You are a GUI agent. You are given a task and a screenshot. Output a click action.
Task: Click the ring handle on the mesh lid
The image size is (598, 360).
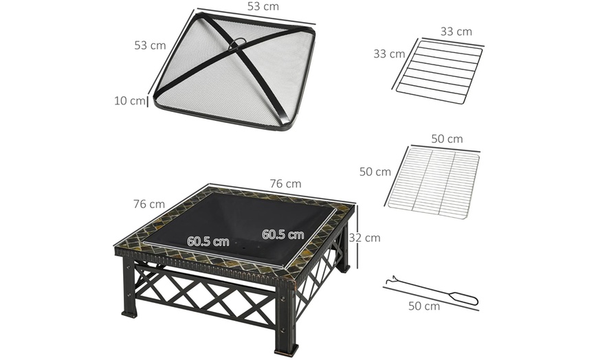(236, 42)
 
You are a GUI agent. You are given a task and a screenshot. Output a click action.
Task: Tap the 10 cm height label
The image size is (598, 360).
(129, 101)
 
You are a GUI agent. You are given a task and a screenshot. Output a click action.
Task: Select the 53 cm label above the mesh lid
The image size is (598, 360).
(263, 7)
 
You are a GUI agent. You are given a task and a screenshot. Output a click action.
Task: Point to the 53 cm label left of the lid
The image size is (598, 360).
(150, 45)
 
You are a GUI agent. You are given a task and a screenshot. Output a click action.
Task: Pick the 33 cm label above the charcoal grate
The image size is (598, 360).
(456, 32)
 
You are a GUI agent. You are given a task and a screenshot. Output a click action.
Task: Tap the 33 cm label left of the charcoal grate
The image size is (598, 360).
(388, 54)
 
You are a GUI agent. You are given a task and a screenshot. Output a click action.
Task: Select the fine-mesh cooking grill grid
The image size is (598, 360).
(433, 183)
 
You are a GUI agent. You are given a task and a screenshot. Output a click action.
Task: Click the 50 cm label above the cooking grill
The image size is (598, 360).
(447, 139)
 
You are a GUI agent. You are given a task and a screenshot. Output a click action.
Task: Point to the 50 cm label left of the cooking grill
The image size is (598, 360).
(375, 172)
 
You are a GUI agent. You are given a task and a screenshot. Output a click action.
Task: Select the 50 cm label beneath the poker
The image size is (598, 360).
(423, 306)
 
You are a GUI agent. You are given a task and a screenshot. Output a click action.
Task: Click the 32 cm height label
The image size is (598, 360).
(365, 238)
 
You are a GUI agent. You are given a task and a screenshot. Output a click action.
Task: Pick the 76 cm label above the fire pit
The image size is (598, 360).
(285, 183)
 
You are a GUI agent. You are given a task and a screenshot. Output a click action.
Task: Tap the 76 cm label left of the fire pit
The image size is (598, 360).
(148, 204)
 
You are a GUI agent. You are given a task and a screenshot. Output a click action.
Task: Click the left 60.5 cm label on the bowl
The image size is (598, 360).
(208, 241)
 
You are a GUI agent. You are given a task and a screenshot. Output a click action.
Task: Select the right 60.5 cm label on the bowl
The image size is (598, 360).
(283, 234)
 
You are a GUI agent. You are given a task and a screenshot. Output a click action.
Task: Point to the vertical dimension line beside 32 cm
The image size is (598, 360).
(357, 236)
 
